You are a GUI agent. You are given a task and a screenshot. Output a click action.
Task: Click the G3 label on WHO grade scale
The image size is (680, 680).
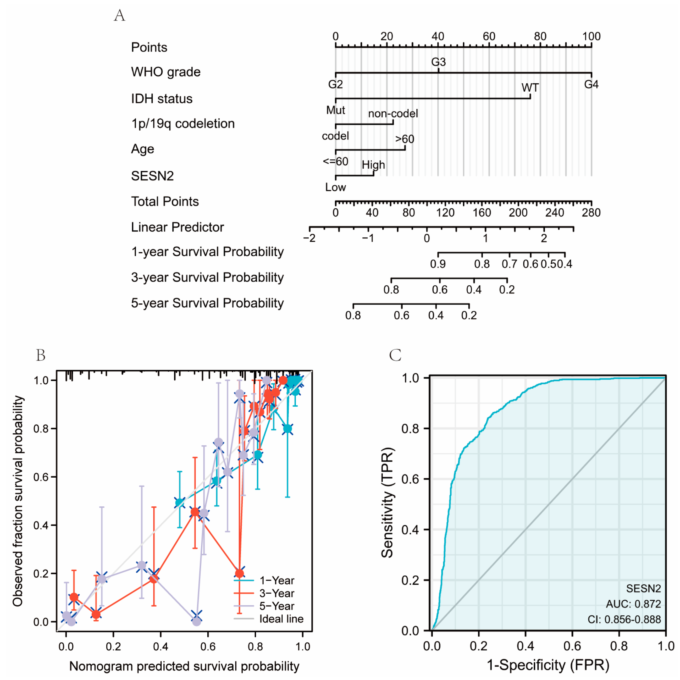point(438,62)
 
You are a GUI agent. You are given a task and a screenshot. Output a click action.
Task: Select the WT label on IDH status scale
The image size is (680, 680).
point(530,88)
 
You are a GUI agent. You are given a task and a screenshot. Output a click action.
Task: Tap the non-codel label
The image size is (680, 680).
point(393,113)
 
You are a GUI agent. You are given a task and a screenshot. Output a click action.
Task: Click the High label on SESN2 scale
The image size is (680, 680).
point(373,165)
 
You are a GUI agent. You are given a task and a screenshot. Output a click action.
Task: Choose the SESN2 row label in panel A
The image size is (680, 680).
point(152,176)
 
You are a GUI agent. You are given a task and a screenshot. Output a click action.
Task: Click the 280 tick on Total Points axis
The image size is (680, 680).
point(591,213)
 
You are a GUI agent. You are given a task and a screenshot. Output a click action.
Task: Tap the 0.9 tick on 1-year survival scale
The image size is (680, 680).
point(438,264)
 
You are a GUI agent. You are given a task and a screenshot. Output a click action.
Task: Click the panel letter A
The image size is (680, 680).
point(120,15)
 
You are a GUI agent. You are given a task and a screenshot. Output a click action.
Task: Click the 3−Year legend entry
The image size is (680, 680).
point(277,593)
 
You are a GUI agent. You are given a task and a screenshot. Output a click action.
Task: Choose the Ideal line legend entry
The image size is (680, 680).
point(281,619)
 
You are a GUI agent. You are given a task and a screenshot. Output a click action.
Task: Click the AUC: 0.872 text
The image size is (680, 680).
point(633,604)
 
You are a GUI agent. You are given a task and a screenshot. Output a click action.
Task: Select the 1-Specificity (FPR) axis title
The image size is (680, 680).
point(548,665)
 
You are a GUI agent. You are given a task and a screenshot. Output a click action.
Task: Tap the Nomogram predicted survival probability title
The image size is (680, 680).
point(184,666)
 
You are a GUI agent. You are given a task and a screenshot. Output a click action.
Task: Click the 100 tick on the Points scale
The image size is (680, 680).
point(591,36)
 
